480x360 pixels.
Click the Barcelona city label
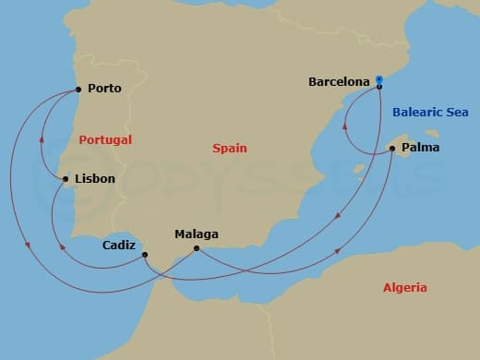click(339, 81)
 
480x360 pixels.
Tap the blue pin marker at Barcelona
click(379, 81)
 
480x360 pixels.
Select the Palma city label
click(421, 147)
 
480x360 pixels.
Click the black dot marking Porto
click(78, 90)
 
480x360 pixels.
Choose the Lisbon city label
click(94, 178)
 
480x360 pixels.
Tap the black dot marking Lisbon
click(65, 178)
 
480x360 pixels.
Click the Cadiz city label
click(120, 246)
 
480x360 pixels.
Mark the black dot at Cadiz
click(145, 254)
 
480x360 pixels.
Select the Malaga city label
click(196, 234)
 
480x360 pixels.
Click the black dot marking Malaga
click(196, 248)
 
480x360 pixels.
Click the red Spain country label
click(229, 148)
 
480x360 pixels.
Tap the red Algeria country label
click(404, 288)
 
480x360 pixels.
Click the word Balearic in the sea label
click(419, 113)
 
